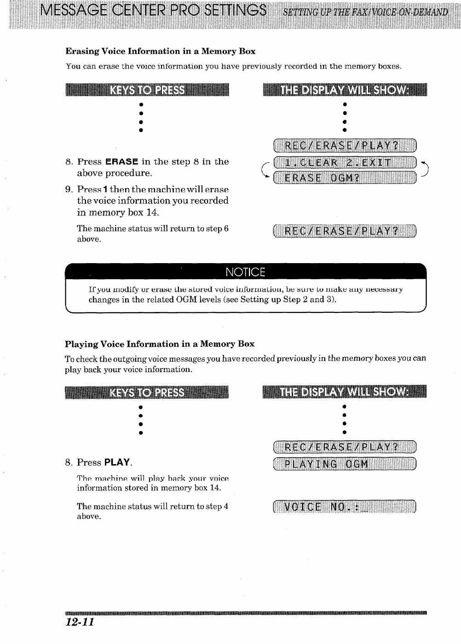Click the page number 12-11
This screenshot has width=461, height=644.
80,622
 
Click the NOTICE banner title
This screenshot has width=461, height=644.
246,272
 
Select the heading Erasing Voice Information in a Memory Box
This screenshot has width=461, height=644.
160,51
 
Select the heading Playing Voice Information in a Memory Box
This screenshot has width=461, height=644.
159,344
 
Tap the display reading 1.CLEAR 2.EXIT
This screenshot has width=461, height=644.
345,162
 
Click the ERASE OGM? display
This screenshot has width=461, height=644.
345,178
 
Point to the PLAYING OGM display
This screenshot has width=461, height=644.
345,464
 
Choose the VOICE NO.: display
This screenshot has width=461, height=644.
345,507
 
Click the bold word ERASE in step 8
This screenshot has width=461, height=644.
122,162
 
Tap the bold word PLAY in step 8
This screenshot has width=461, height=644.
117,462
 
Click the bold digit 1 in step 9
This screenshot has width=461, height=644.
105,190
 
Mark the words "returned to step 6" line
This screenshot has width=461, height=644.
153,229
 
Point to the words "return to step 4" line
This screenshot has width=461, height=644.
153,506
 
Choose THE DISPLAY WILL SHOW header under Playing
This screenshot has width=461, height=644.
345,392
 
